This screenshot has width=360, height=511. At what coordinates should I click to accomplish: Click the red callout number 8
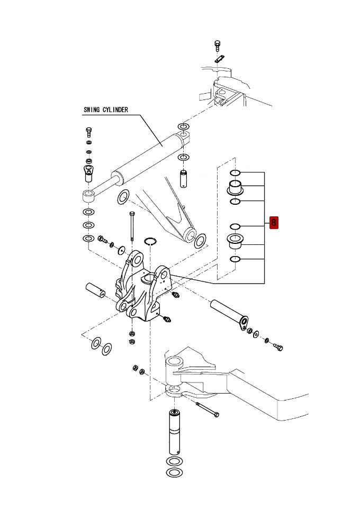[274, 223]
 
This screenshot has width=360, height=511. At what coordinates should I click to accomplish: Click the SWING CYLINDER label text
[106, 110]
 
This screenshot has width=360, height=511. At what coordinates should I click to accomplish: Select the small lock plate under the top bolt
[220, 59]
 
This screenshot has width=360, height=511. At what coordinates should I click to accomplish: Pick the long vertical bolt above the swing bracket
[132, 226]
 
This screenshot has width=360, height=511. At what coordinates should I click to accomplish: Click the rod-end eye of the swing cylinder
[88, 197]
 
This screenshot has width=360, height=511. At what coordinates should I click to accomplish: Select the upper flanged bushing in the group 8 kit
[235, 188]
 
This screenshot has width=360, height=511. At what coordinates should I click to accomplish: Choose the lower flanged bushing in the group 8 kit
[235, 241]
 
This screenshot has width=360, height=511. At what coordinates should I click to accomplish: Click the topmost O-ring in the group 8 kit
[235, 172]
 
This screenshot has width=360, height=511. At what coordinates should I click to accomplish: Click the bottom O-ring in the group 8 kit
[235, 259]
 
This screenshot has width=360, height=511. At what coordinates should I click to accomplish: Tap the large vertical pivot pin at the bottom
[175, 432]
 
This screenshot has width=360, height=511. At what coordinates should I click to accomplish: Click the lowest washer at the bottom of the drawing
[174, 472]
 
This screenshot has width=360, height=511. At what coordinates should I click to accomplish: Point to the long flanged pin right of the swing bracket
[229, 315]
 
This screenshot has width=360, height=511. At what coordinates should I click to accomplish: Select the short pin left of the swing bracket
[95, 290]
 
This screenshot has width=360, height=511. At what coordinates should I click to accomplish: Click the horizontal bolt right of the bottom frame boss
[208, 409]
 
